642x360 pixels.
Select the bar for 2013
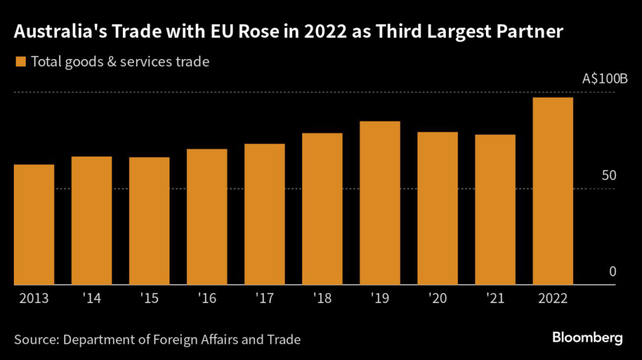point(34,225)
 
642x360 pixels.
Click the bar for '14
point(92,221)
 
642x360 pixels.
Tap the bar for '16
point(207,217)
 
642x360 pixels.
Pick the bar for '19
point(380,203)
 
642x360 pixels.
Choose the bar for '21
point(495,210)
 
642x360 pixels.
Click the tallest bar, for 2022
point(552,191)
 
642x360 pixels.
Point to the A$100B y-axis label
point(604,80)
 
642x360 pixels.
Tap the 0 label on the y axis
point(613,272)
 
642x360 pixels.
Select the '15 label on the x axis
point(149,298)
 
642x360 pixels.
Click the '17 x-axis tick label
point(265,298)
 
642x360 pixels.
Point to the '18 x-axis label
point(322,298)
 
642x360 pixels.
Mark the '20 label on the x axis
point(438,298)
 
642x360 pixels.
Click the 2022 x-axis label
point(552,298)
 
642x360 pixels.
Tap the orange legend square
point(20,61)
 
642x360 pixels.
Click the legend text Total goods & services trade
point(120,61)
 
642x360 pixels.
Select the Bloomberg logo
point(587,338)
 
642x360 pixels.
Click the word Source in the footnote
point(35,340)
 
